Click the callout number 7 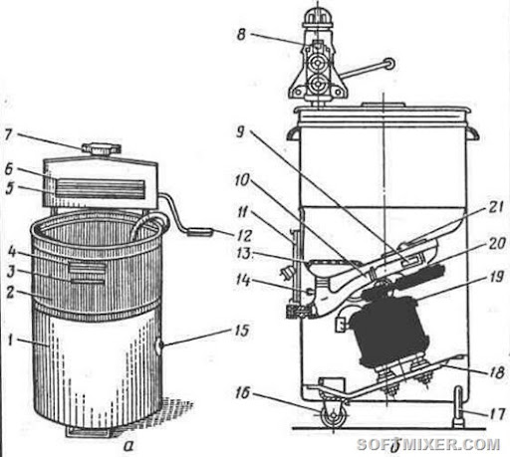pyautogui.click(x=8, y=134)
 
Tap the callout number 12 pyautogui.click(x=245, y=235)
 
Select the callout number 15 pyautogui.click(x=241, y=331)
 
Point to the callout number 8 pyautogui.click(x=241, y=34)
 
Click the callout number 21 pyautogui.click(x=495, y=207)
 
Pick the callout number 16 pyautogui.click(x=242, y=393)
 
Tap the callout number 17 pyautogui.click(x=497, y=413)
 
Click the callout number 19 pyautogui.click(x=497, y=276)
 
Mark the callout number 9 pyautogui.click(x=240, y=131)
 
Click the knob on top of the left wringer pyautogui.click(x=100, y=148)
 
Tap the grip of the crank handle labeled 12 pyautogui.click(x=199, y=231)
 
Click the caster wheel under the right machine pyautogui.click(x=333, y=416)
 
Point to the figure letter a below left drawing pyautogui.click(x=127, y=446)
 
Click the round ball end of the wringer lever pyautogui.click(x=388, y=64)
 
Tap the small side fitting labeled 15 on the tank pyautogui.click(x=160, y=344)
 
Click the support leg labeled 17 pyautogui.click(x=458, y=406)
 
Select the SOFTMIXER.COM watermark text pyautogui.click(x=428, y=444)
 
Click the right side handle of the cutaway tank pyautogui.click(x=473, y=134)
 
